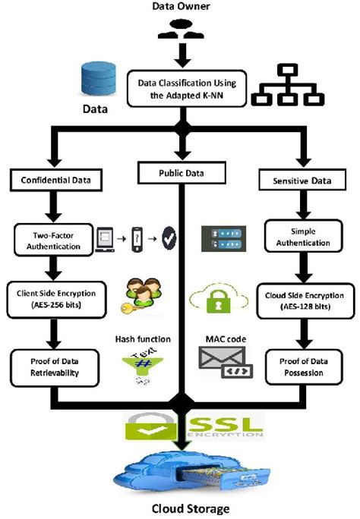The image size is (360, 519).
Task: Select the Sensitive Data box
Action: point(302,181)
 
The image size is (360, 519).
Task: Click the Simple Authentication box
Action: point(302,237)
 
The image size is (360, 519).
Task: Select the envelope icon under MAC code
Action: point(220,362)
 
